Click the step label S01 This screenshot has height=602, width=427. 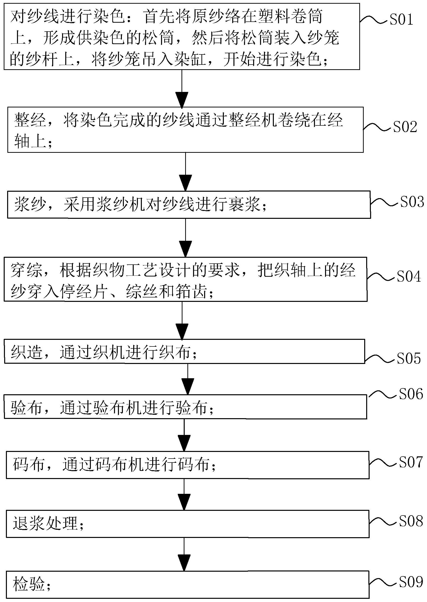click(x=401, y=19)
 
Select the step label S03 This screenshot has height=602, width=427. click(x=412, y=202)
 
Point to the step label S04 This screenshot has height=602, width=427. click(x=409, y=276)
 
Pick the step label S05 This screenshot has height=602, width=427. click(x=409, y=358)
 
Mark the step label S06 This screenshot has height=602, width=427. click(x=411, y=394)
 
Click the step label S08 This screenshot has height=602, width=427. click(x=411, y=521)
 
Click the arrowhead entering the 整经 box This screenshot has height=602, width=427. click(x=182, y=100)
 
